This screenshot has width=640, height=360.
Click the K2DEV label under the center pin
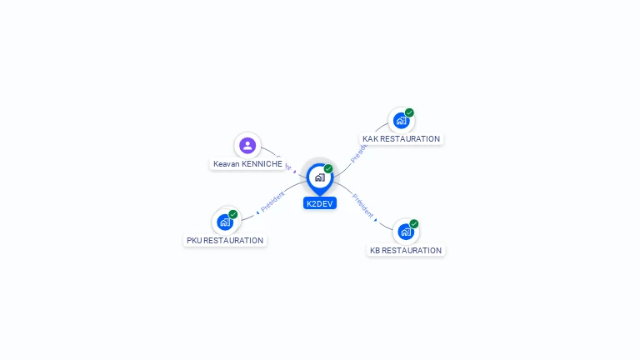[320, 203]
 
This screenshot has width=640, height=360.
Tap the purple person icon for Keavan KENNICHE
[247, 146]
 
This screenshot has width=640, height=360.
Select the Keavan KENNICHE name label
[247, 164]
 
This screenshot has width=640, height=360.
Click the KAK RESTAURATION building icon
[402, 121]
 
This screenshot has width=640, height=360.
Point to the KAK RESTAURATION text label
[401, 139]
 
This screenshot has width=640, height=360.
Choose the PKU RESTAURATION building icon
[225, 222]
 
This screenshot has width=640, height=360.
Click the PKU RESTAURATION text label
[225, 241]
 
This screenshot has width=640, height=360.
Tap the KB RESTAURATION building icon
[405, 232]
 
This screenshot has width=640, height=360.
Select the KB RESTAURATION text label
[406, 250]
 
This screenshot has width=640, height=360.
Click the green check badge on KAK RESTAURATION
[409, 112]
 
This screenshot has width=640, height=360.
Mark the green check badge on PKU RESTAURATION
[233, 214]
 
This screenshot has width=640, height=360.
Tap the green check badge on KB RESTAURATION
[414, 223]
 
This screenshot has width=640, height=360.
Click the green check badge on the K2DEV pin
[328, 169]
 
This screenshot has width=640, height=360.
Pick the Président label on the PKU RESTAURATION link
[273, 201]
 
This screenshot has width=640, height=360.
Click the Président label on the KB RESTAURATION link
[362, 205]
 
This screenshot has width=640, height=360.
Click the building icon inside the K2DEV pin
[319, 177]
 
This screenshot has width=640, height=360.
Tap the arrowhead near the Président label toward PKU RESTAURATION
[257, 212]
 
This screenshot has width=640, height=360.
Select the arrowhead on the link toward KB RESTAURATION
[376, 221]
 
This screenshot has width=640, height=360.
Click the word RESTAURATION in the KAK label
[410, 139]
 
